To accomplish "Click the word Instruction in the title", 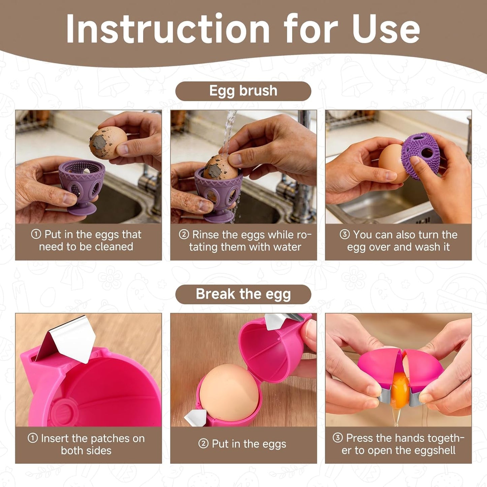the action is pyautogui.click(x=168, y=28).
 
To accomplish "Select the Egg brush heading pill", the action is pyautogui.click(x=243, y=91).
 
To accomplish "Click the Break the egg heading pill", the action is pyautogui.click(x=243, y=295).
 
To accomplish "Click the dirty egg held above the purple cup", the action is pyautogui.click(x=108, y=143).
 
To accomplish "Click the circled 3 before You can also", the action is pyautogui.click(x=344, y=234).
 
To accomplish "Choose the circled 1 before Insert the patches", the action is pyautogui.click(x=33, y=438).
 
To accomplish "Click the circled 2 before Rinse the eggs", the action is pyautogui.click(x=184, y=234).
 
